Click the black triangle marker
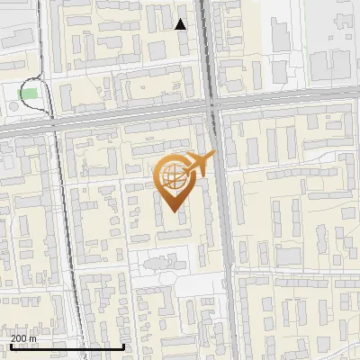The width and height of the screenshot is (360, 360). [x=181, y=24]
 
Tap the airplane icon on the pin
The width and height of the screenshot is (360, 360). [x=200, y=164]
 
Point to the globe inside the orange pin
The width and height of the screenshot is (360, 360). [x=173, y=177]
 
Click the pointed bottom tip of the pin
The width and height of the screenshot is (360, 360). [x=174, y=211]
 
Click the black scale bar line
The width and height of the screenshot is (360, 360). [x=67, y=346]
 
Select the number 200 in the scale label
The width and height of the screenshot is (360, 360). [x=18, y=337]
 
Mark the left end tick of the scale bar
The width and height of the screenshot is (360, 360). [x=10, y=345]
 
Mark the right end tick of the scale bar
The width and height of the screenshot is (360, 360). [x=123, y=345]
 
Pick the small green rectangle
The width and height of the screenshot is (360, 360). [x=30, y=93]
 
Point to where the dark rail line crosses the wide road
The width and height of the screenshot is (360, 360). [x=51, y=123]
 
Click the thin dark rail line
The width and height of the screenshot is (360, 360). [x=63, y=225]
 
